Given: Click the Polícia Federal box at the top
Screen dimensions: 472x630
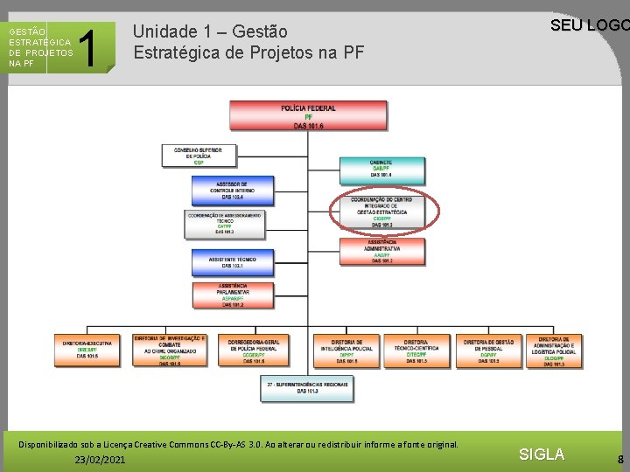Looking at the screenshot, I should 308,116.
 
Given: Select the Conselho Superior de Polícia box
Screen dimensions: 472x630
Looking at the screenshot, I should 199,156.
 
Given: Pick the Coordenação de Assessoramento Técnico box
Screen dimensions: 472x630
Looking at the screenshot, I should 224,223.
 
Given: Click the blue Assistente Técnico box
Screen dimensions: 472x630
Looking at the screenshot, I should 232,261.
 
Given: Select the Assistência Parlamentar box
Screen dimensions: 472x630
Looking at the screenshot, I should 232,295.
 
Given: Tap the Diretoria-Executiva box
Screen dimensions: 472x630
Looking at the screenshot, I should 87,351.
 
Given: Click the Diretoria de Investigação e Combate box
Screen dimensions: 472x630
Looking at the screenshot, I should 170,351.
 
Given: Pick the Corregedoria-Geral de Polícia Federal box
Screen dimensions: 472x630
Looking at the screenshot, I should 254,351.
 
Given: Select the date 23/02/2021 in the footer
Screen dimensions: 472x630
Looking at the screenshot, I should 100,460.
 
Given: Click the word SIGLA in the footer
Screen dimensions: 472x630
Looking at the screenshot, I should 542,455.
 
